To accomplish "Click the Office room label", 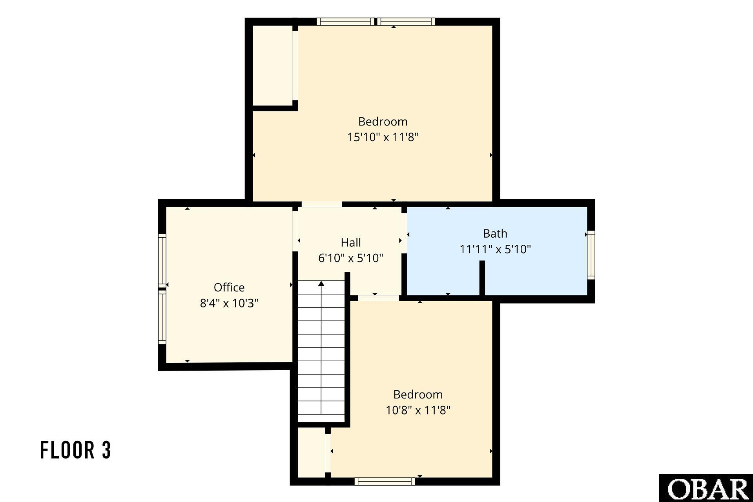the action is [229, 287].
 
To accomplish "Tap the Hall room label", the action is [351, 242].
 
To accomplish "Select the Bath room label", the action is [495, 234].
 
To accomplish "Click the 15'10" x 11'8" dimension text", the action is [383, 137].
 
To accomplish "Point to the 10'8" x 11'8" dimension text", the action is [418, 410].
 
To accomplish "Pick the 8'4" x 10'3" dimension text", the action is [229, 303].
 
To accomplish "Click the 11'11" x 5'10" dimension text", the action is [495, 249].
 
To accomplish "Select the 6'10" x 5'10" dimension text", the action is [351, 258].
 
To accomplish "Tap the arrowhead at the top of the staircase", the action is [321, 284].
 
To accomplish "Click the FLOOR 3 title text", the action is [76, 450].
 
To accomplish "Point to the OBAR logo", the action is [706, 488].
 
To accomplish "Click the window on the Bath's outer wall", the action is [591, 255].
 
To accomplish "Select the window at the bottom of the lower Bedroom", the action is [385, 482].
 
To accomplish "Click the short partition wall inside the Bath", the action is [482, 278].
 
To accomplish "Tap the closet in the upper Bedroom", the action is [272, 65].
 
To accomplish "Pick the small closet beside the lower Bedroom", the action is [311, 453].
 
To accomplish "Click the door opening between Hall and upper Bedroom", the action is [322, 204].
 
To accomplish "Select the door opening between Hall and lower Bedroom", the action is [379, 298].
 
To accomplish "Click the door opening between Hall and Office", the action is [295, 231].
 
